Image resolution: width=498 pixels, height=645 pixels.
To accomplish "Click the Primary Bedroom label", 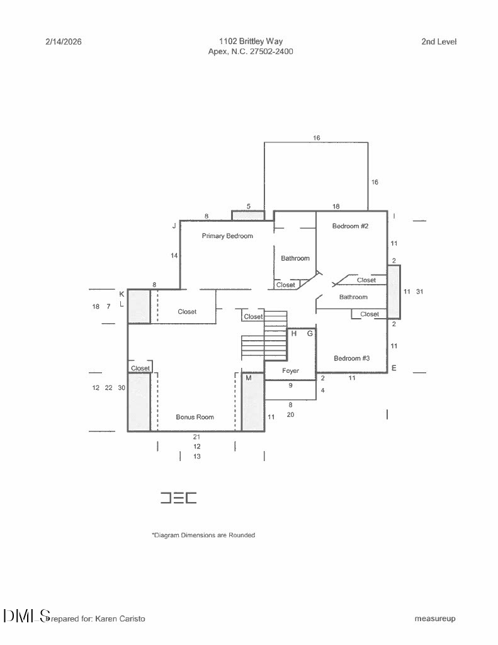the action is tap(227, 236).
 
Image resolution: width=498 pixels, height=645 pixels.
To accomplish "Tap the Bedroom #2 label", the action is tap(350, 226).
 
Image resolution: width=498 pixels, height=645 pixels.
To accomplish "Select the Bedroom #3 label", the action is tap(351, 358).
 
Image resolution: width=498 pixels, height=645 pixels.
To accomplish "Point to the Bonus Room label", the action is tap(195, 417).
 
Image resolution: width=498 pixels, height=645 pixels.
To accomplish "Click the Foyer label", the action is tap(290, 370).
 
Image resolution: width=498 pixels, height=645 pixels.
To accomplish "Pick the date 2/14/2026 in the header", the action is tap(64, 42).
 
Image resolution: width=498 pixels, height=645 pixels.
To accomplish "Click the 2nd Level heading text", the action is tap(439, 42).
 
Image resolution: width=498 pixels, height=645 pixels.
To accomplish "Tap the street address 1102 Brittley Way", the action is tap(251, 41).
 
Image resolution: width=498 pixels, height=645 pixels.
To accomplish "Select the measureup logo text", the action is tap(434, 619).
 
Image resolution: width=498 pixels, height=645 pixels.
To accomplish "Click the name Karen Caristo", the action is tap(120, 619).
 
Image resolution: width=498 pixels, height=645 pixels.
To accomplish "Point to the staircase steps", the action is tap(264, 334).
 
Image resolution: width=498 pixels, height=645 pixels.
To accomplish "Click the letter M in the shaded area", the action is tap(249, 378).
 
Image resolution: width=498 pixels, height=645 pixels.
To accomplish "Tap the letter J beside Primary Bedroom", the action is tap(174, 226).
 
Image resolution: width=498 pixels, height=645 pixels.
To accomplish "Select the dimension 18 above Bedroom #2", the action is tap(336, 207).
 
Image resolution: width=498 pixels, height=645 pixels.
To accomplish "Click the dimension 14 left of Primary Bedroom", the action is tap(174, 256).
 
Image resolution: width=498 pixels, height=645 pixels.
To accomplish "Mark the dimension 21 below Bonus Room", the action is tap(196, 437).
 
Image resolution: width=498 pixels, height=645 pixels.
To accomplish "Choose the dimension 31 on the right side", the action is tap(419, 292).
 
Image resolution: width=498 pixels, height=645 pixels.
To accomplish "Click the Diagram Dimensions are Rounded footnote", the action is tap(203, 535).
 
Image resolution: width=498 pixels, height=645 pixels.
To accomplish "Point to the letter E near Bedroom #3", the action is tap(394, 368).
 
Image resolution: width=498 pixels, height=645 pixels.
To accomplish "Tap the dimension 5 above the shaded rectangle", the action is tap(249, 207).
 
